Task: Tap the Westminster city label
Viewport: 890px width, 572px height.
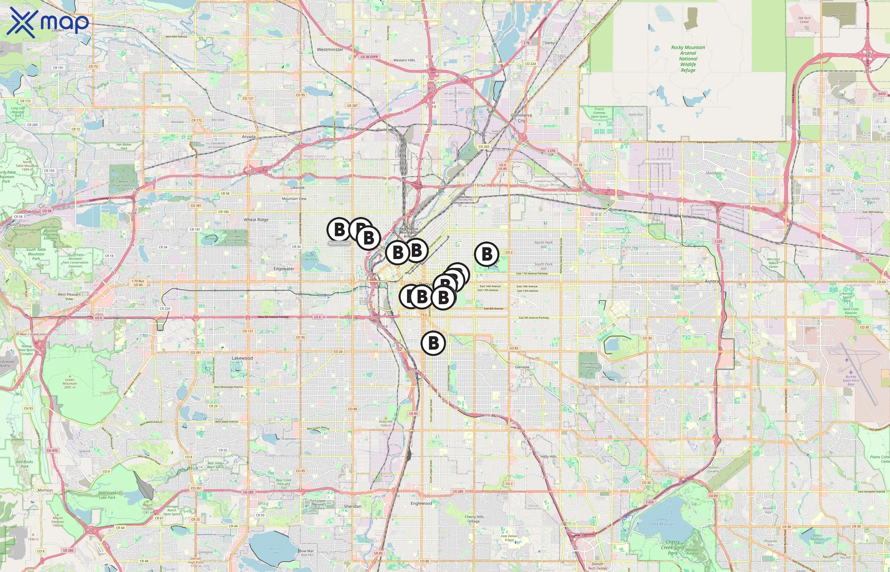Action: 330,49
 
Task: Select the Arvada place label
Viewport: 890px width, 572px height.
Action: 249,137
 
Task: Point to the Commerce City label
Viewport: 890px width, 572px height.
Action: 522,118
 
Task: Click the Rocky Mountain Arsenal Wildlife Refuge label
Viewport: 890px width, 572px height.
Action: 688,59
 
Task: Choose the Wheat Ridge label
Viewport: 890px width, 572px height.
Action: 256,220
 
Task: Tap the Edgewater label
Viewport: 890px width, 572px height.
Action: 284,269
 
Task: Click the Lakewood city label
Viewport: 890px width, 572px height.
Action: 242,358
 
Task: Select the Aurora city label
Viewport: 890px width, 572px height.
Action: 712,281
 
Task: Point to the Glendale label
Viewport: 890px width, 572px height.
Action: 522,367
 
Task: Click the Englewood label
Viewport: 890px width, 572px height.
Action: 421,503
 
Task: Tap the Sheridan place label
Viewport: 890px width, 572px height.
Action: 353,506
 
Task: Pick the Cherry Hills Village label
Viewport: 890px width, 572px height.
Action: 474,519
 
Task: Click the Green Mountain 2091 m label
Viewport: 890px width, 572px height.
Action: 70,383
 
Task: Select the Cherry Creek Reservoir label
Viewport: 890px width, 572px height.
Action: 661,521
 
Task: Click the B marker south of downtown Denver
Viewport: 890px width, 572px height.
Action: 433,343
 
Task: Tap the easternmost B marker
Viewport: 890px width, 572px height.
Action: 487,254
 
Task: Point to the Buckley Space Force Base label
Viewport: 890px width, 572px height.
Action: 851,380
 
